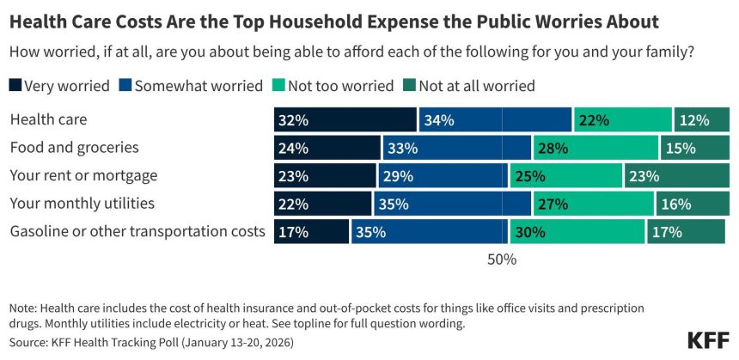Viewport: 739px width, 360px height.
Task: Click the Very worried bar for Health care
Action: click(345, 120)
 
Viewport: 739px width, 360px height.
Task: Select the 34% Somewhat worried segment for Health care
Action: click(495, 120)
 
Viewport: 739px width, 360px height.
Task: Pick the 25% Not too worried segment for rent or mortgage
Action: click(565, 176)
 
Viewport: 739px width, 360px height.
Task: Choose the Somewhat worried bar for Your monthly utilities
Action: click(452, 204)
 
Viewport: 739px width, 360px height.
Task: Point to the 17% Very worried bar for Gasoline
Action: click(312, 232)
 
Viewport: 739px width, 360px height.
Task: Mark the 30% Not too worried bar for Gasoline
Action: click(577, 232)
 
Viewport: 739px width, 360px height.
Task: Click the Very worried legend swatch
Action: click(15, 86)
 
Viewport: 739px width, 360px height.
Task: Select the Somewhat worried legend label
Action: click(198, 86)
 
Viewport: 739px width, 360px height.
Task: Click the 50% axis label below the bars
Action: click(502, 259)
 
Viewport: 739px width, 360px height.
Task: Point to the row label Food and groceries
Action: click(74, 148)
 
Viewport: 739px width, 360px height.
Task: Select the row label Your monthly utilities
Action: click(82, 204)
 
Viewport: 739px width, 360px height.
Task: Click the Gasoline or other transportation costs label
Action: click(137, 232)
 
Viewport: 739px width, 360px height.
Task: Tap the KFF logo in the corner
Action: click(709, 339)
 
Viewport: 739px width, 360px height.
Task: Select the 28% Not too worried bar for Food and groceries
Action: click(595, 148)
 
